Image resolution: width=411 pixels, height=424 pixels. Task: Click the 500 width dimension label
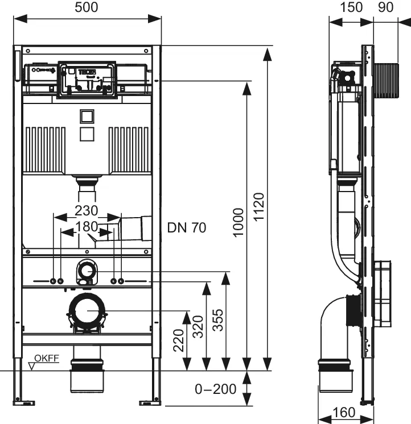tap(87, 7)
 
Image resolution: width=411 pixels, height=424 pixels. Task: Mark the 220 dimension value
tap(179, 340)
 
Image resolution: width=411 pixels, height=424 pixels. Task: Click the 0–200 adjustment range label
tap(215, 389)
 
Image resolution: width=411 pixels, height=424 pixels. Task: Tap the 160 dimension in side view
tap(343, 412)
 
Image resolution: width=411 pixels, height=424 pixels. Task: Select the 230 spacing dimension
tap(87, 210)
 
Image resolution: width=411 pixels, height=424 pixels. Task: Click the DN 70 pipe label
tap(187, 228)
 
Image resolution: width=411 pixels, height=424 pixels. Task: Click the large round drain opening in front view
tap(87, 311)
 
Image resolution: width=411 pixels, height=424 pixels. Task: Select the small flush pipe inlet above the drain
tap(87, 271)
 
